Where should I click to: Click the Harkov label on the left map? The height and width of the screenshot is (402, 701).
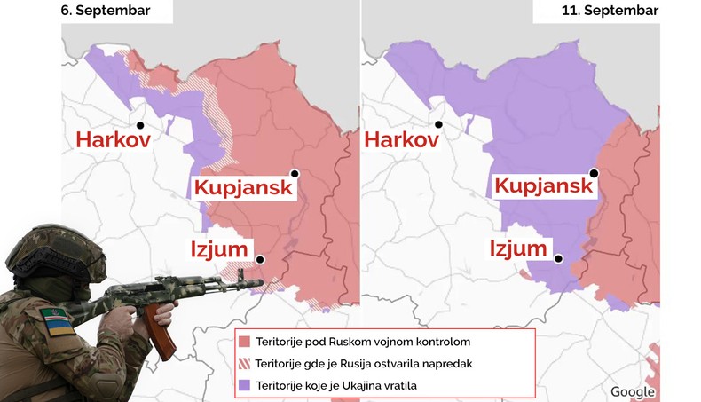click(112, 140)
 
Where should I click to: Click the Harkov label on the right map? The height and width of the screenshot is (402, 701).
click(401, 140)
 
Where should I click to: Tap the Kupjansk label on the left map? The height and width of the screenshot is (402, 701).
click(243, 188)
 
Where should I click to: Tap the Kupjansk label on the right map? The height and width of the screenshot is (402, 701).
click(543, 186)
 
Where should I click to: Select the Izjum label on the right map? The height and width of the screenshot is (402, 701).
click(518, 248)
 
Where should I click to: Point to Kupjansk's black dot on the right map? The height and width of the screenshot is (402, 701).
click(594, 174)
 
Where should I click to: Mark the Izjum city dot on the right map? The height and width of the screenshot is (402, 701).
click(559, 259)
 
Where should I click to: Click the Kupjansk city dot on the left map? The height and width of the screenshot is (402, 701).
click(294, 175)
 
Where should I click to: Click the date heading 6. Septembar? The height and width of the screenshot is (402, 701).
click(105, 11)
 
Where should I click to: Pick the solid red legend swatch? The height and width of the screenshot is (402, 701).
click(244, 342)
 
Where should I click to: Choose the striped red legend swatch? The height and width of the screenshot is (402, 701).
click(244, 363)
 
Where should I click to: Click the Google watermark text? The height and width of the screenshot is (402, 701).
click(633, 391)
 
